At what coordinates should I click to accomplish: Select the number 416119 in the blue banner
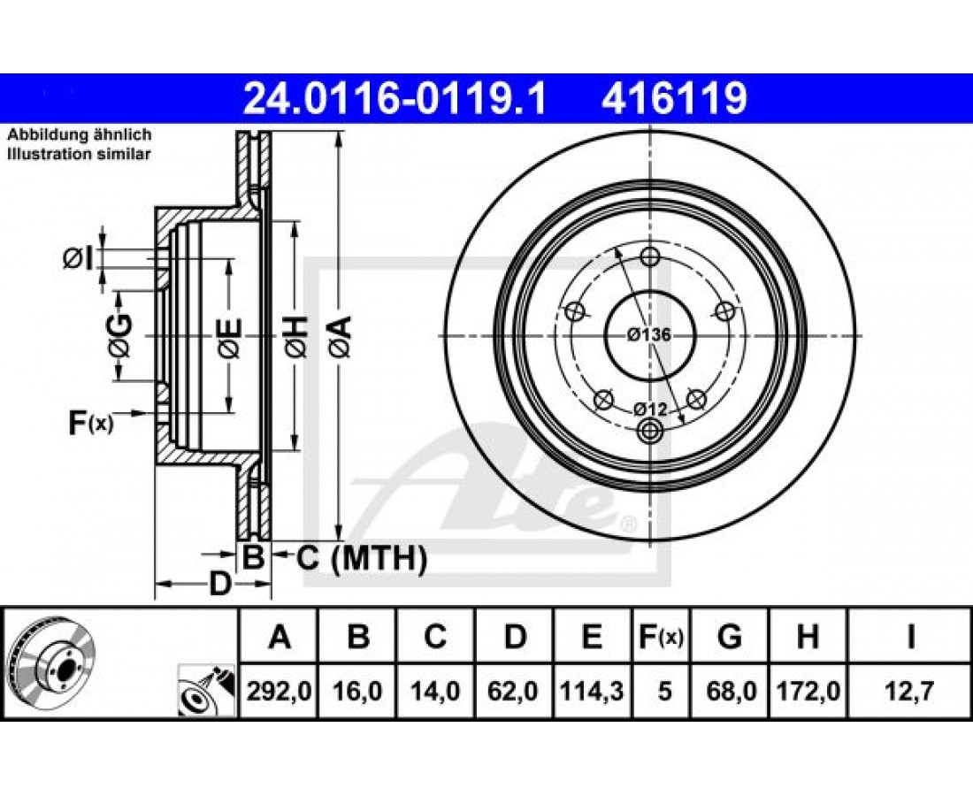click(674, 98)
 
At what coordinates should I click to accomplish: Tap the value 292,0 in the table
click(280, 691)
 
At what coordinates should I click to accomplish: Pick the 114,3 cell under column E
click(592, 691)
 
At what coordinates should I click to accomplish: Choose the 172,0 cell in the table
click(808, 691)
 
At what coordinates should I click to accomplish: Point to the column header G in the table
click(729, 637)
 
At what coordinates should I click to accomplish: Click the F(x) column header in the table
click(662, 637)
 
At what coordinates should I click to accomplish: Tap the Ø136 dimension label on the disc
click(648, 335)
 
